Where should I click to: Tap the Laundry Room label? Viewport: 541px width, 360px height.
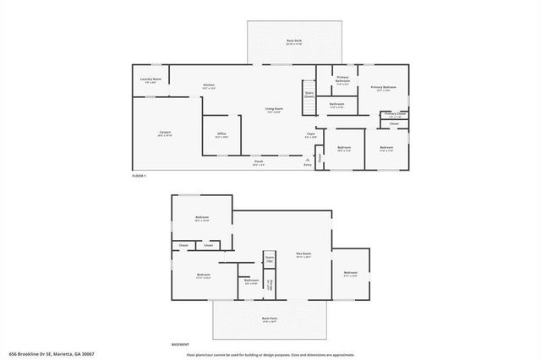(152, 80)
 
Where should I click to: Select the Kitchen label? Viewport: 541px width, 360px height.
(208, 86)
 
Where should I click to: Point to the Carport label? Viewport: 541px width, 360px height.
(165, 134)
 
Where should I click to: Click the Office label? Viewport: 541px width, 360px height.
(221, 134)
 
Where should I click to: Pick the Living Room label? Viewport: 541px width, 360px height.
(274, 110)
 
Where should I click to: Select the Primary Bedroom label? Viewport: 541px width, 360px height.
(384, 88)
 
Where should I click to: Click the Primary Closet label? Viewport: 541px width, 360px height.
(395, 114)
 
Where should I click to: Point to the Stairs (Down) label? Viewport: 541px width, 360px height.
(309, 95)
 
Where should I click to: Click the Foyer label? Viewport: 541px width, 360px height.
(311, 134)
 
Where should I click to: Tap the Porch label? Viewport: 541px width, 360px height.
(258, 162)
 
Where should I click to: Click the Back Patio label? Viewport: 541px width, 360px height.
(270, 320)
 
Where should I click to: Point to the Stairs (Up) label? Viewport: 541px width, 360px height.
(270, 260)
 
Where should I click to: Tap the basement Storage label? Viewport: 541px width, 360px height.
(270, 286)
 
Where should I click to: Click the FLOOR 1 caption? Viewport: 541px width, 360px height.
(139, 176)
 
